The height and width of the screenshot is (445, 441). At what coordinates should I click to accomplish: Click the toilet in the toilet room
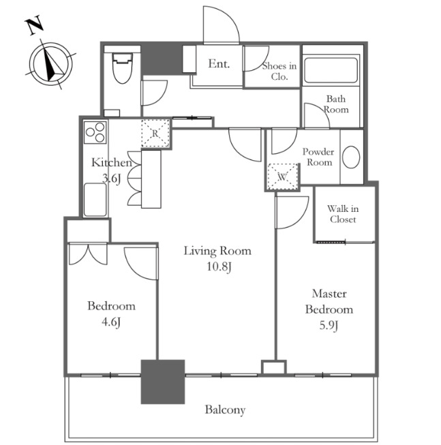click(122, 68)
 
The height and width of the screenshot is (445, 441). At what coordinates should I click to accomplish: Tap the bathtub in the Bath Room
click(331, 70)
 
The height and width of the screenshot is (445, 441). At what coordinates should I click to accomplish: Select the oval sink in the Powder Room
click(351, 157)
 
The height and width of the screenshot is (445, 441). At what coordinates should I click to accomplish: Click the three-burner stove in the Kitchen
click(95, 132)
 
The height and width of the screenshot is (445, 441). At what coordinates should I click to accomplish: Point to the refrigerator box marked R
click(155, 134)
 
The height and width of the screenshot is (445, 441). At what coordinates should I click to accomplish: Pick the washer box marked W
click(283, 177)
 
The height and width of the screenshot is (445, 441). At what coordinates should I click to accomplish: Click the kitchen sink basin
click(95, 200)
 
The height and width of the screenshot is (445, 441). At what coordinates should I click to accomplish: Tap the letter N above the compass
click(35, 26)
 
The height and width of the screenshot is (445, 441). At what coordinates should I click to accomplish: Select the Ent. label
click(219, 64)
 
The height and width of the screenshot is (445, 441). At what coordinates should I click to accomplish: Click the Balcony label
click(225, 410)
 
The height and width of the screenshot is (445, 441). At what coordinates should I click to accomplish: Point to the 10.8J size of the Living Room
click(219, 266)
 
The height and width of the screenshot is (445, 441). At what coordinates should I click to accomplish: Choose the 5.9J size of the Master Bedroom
click(329, 325)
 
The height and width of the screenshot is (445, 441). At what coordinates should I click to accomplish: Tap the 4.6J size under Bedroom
click(111, 322)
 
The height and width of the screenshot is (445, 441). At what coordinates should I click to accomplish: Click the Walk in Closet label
click(343, 214)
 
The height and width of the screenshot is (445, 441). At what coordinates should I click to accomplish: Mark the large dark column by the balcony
click(163, 382)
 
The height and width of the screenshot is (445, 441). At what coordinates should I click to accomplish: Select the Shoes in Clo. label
click(279, 71)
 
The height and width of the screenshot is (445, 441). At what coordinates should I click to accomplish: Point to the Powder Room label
click(318, 157)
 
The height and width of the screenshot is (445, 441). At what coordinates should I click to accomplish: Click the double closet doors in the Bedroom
click(88, 254)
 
